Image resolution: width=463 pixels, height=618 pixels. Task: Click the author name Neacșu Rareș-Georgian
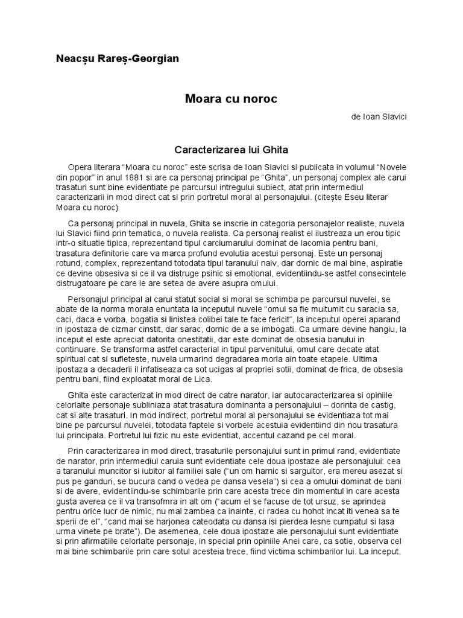point(117,59)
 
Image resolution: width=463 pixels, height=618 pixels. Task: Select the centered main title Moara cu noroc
point(231,98)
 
